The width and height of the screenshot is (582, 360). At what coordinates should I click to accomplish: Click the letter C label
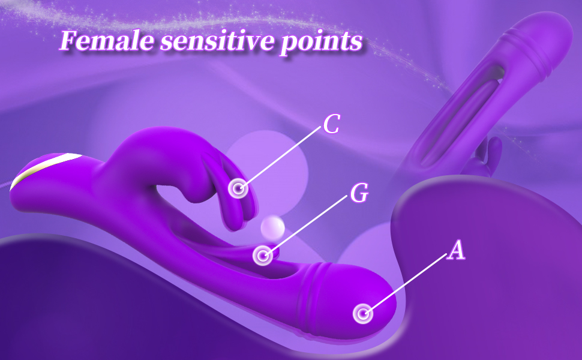[x=331, y=124]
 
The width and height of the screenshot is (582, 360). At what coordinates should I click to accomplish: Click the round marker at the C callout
[x=238, y=188]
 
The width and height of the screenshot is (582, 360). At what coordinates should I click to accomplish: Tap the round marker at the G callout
[x=263, y=256]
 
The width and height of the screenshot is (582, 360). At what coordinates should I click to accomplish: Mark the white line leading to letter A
[x=407, y=282]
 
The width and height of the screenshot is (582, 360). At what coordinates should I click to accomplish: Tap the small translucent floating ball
[x=272, y=227]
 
